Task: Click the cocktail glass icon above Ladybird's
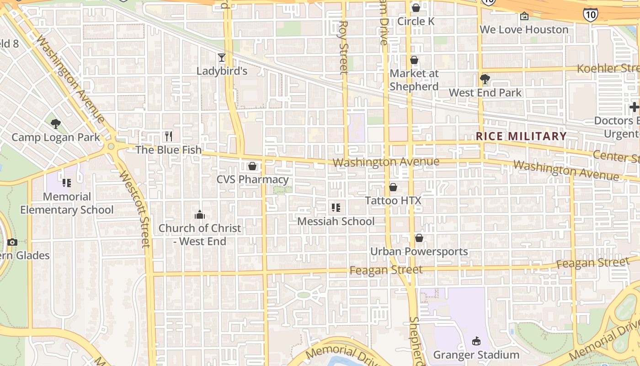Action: [x=222, y=58]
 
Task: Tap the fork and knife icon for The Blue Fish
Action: [x=169, y=136]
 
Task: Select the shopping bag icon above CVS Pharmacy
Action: [x=252, y=166]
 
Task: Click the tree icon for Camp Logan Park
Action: [x=56, y=124]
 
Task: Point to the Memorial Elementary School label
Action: [x=67, y=203]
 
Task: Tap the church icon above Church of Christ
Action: [x=199, y=215]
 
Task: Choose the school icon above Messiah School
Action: [x=336, y=208]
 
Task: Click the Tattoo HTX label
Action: [x=393, y=200]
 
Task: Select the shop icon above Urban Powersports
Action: [x=419, y=238]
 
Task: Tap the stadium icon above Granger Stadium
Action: [x=476, y=341]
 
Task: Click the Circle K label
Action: [x=416, y=21]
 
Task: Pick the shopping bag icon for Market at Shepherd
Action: [x=414, y=60]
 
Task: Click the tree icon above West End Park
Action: [x=485, y=80]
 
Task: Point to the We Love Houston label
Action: [x=524, y=29]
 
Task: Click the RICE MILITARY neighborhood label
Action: [x=521, y=136]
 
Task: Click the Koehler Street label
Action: [x=608, y=69]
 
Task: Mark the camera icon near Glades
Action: [x=12, y=242]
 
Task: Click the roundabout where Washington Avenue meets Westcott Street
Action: [x=111, y=146]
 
